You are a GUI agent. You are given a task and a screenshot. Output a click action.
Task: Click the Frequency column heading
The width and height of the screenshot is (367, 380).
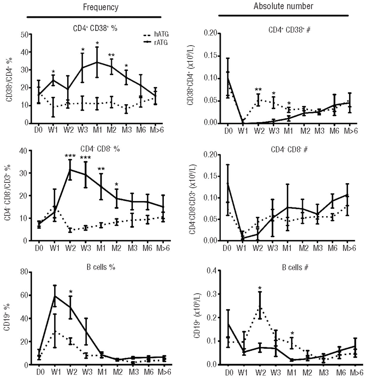[101, 7]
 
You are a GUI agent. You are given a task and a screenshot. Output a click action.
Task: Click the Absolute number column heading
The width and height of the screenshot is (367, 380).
[283, 6]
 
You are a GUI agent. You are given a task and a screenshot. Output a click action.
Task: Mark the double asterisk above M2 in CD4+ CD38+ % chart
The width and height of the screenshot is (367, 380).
[112, 55]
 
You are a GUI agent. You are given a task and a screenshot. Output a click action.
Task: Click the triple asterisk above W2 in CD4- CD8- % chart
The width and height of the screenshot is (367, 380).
[70, 156]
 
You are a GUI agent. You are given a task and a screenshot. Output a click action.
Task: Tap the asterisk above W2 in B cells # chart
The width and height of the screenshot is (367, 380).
[260, 288]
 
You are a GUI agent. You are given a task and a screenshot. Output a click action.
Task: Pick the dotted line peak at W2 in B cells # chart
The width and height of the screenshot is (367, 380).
[260, 306]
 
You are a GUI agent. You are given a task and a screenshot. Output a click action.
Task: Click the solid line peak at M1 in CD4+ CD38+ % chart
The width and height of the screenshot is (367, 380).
[97, 62]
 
